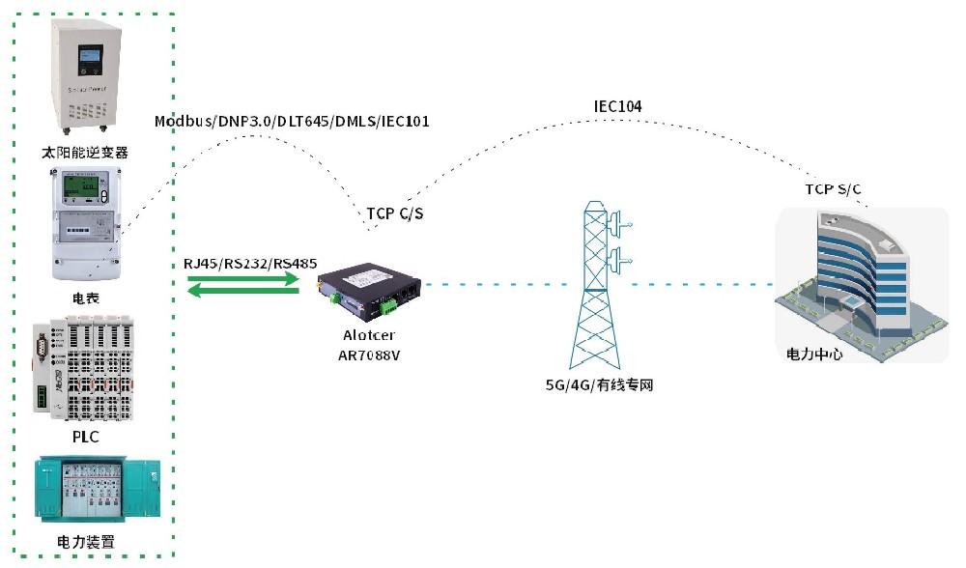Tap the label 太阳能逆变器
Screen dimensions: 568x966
(x=85, y=153)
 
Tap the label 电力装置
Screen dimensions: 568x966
(x=86, y=542)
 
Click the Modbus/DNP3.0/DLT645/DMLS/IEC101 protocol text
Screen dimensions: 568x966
(x=292, y=122)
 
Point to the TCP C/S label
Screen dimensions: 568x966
(x=395, y=213)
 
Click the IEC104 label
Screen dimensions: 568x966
(x=617, y=105)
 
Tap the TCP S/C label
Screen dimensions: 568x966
(x=834, y=188)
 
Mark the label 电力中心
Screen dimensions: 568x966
(x=814, y=355)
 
